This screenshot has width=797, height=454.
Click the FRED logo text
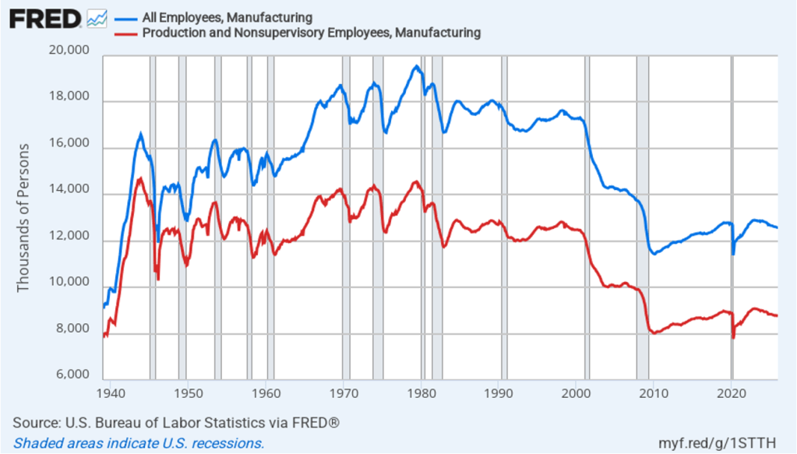(44, 18)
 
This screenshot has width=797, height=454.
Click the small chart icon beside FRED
(97, 18)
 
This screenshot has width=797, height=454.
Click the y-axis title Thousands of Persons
(23, 218)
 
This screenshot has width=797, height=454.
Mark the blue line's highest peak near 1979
(417, 67)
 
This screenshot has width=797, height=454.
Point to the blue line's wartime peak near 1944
(141, 134)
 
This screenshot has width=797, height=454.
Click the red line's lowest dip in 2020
(733, 337)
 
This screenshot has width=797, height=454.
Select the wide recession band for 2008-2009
(642, 218)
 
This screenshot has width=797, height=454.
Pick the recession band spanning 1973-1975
(377, 218)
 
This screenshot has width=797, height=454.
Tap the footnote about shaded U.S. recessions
(139, 443)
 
